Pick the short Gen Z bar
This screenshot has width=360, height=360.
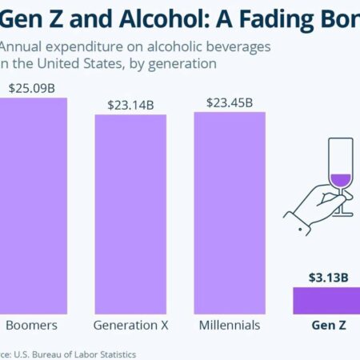[x=326, y=301]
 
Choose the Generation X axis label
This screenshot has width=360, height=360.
[x=130, y=326]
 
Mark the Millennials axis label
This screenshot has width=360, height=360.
[x=230, y=326]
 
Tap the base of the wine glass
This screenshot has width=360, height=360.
[x=342, y=214]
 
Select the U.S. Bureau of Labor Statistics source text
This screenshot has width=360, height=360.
[x=76, y=353]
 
